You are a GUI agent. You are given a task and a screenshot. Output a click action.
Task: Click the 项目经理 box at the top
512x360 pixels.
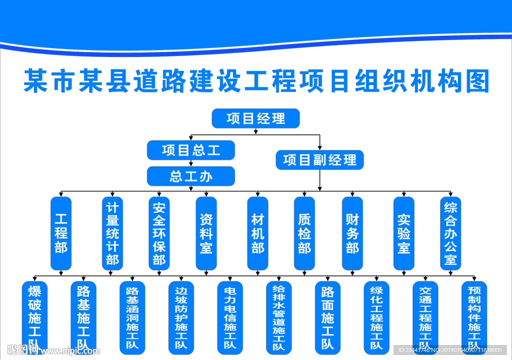[x=255, y=118]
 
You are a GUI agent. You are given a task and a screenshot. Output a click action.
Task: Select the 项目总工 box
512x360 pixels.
[x=191, y=150]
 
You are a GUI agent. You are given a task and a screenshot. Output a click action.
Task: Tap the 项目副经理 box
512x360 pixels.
[x=319, y=160]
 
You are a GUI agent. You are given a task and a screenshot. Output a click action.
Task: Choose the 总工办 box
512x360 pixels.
[x=191, y=176]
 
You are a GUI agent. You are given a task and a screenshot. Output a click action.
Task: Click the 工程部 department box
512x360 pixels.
[x=61, y=233]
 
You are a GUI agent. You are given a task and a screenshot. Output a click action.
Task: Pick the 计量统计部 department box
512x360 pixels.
[x=112, y=233]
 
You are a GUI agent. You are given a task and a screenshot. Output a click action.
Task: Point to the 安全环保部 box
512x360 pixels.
[x=159, y=233]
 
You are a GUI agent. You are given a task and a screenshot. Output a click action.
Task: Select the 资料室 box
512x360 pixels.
[x=206, y=233]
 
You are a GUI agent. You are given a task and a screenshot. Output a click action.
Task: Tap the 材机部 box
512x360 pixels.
[x=257, y=233]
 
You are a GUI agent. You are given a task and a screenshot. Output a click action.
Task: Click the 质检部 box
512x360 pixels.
[x=304, y=233]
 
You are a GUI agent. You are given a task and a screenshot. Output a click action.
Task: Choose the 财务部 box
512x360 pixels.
[x=352, y=233]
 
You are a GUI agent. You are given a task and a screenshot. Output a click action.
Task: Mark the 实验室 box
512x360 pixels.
[x=404, y=233]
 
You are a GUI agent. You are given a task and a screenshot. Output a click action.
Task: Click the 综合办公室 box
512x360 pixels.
[x=450, y=233]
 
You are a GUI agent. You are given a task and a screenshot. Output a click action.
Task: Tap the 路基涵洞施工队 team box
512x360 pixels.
[x=132, y=317]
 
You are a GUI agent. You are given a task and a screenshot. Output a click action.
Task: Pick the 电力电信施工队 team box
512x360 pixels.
[x=230, y=317]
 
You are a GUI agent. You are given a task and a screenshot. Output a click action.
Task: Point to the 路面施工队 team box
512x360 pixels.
[x=327, y=317]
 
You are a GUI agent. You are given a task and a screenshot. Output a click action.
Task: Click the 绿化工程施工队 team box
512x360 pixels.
[x=376, y=317]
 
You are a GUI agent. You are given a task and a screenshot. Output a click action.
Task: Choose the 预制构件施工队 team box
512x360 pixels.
[x=474, y=317]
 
